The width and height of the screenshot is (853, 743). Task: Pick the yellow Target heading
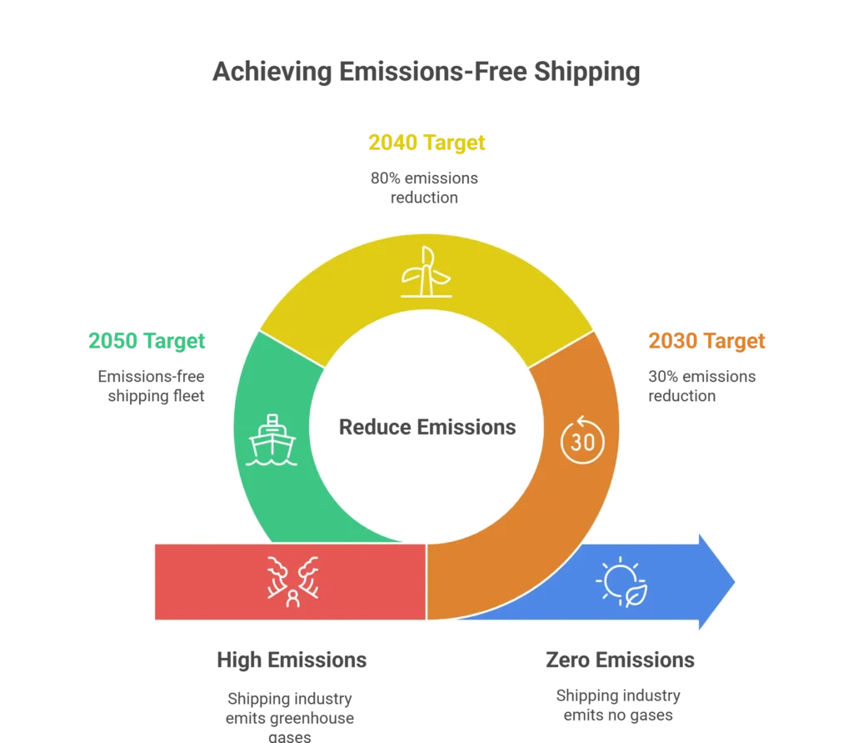(x=426, y=143)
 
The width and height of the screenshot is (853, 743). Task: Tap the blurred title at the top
(x=423, y=73)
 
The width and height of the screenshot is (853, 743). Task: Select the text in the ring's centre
(x=426, y=429)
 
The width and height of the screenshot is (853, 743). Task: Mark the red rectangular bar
(x=208, y=581)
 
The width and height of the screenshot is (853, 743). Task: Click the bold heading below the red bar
(x=292, y=661)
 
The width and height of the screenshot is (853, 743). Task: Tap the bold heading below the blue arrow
(x=618, y=661)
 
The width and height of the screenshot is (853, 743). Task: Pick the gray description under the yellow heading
(x=424, y=188)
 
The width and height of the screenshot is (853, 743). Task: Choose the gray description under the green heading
(x=149, y=387)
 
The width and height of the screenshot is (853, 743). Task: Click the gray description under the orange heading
(x=702, y=387)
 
